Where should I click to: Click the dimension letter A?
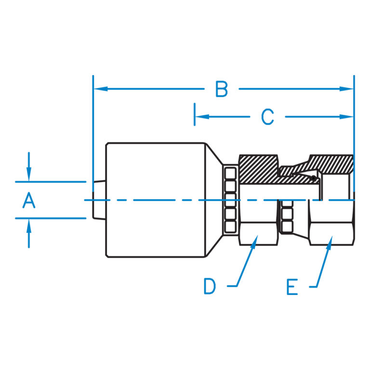coord(29,200)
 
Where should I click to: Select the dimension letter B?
coord(222,89)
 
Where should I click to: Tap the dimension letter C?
coord(267,117)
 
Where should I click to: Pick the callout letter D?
coord(210,286)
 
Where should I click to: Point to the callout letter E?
coord(292,287)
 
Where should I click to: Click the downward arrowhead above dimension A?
coord(29,181)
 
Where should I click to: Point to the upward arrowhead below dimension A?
coord(29,220)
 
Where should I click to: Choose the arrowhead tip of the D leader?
coord(257,236)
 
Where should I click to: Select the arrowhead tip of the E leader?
coord(332,236)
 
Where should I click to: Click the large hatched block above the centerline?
coord(258,169)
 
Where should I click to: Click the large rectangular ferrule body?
coord(156,200)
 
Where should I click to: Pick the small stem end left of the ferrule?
coord(99,200)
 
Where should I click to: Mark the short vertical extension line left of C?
coord(195,114)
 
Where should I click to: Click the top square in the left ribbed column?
coord(230,173)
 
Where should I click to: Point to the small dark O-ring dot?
coord(313,178)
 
